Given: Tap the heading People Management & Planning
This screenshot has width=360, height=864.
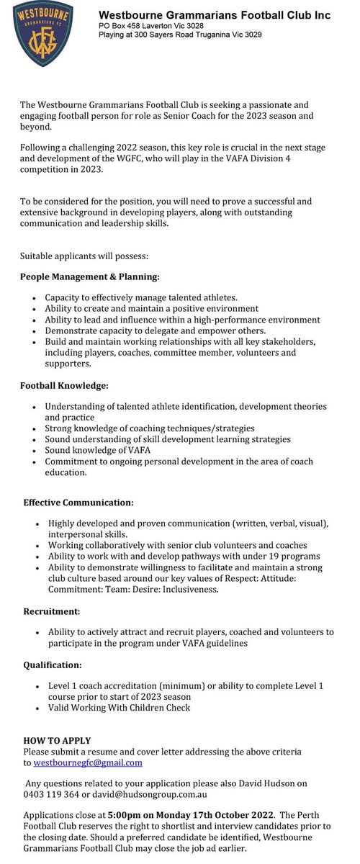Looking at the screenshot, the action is click(90, 276).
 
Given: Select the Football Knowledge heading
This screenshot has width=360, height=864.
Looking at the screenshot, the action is click(64, 386).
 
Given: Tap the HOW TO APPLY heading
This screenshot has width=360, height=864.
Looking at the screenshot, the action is click(58, 740).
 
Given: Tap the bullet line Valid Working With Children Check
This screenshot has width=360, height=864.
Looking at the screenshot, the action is click(120, 707).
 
